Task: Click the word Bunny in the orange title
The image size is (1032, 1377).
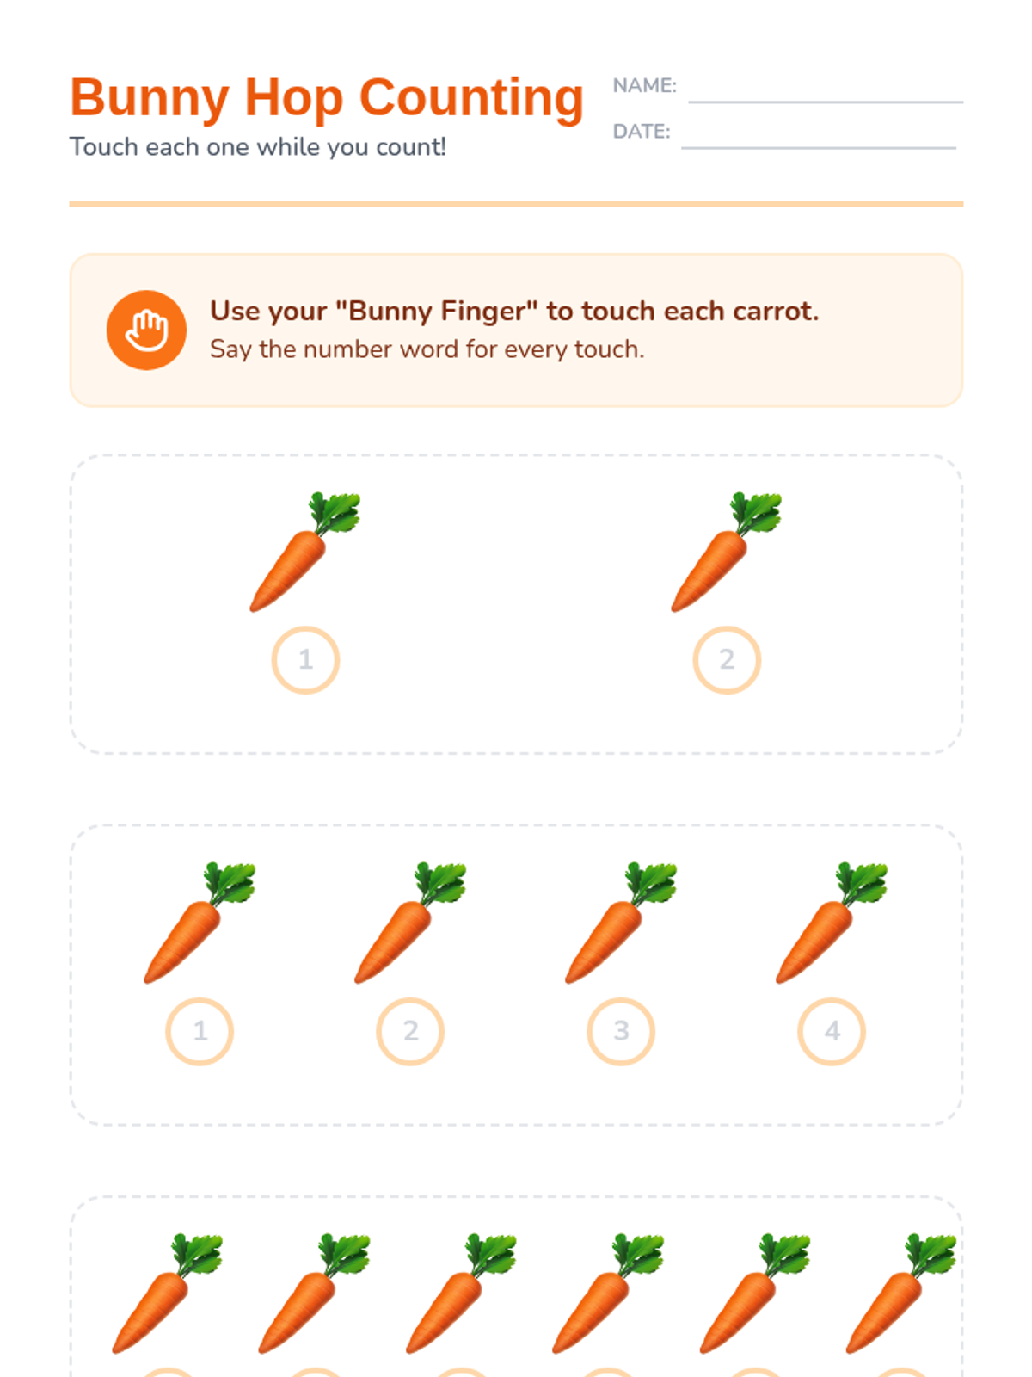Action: [x=149, y=98]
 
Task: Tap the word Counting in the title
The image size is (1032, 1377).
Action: [x=471, y=98]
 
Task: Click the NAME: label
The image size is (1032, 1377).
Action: [x=644, y=85]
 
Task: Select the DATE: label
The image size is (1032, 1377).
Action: [x=641, y=131]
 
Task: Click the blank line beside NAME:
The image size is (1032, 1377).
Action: [x=826, y=102]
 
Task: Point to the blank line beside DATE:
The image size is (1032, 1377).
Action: [x=819, y=148]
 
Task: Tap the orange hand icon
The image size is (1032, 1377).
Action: [x=146, y=330]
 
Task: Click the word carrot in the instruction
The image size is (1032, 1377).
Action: [x=775, y=311]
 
